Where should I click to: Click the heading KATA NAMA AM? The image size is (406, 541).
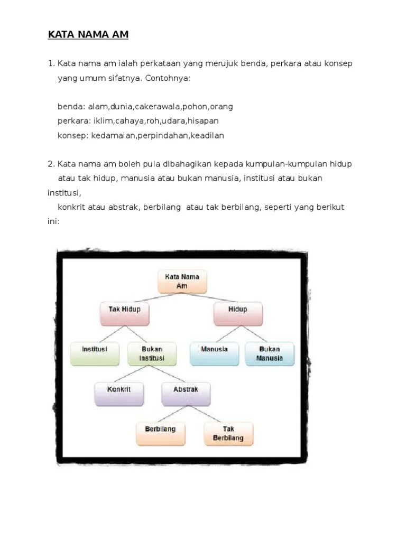[x=88, y=35]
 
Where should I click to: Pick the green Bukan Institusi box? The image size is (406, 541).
[x=152, y=353]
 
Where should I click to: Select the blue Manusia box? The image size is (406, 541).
[x=214, y=353]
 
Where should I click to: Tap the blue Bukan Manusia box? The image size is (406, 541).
[x=270, y=353]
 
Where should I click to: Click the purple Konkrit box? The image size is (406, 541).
[x=118, y=394]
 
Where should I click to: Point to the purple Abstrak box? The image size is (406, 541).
[x=186, y=394]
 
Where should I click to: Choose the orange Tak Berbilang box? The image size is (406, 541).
[x=228, y=433]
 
